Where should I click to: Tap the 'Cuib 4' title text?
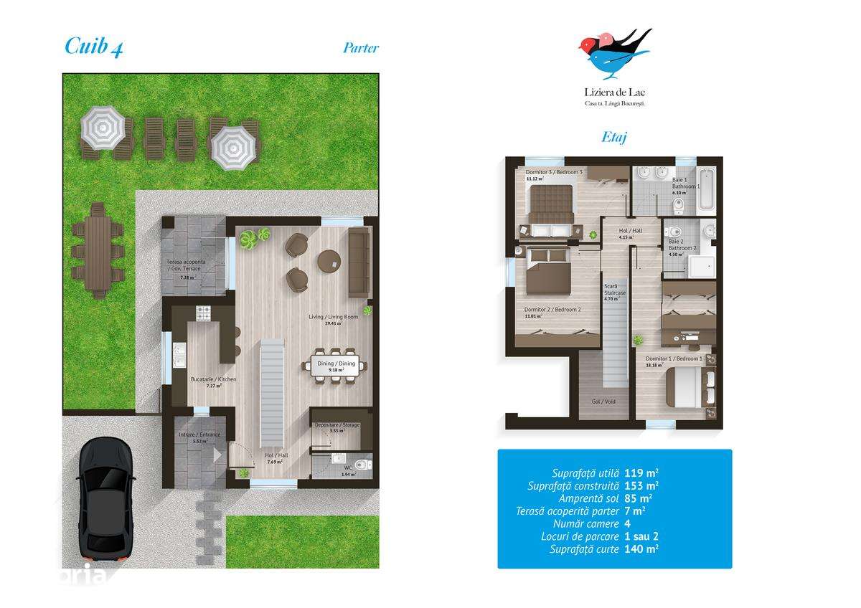tap(93, 47)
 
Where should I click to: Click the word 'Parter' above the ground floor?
tap(360, 48)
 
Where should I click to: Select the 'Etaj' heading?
tap(613, 136)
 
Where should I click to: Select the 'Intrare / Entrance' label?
tap(199, 434)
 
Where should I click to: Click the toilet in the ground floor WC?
tap(361, 462)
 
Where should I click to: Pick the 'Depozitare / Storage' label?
tap(337, 425)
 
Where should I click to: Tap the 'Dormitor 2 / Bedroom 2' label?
tap(552, 310)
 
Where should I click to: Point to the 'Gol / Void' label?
tap(603, 402)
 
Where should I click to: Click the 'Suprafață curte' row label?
tap(580, 548)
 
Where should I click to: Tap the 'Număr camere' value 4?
tap(629, 523)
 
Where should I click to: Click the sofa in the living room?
tap(358, 265)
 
